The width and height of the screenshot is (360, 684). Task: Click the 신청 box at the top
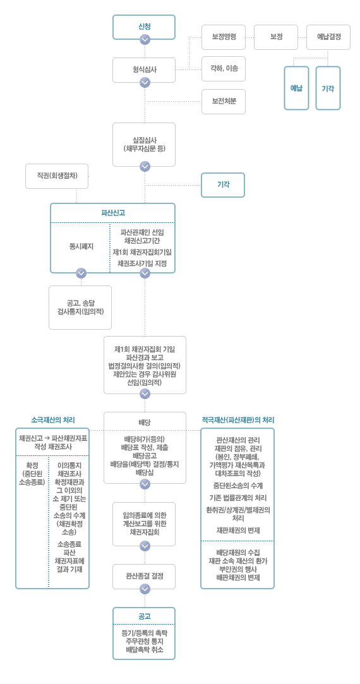[x=144, y=27]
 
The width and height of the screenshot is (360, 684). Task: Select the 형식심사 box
[x=144, y=70]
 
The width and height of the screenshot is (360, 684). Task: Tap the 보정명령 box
[x=224, y=37]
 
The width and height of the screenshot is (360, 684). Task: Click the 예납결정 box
[x=328, y=37]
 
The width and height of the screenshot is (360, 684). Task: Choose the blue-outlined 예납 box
[x=296, y=88]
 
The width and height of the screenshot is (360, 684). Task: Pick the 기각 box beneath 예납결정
[x=328, y=88]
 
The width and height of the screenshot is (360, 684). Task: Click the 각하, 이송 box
[x=224, y=68]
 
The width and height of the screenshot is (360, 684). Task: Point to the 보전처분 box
[x=224, y=102]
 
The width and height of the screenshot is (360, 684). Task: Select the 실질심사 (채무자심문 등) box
[x=144, y=145]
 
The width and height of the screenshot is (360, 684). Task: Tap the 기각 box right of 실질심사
[x=223, y=184]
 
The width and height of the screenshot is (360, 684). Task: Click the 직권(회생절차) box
[x=57, y=176]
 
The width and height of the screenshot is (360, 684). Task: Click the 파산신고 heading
[x=113, y=213]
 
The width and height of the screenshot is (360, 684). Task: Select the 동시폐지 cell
[x=80, y=246]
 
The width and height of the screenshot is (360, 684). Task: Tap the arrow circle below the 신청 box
[x=145, y=40]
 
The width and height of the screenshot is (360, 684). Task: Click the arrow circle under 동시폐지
[x=81, y=273]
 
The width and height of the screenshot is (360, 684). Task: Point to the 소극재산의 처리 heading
[x=53, y=420]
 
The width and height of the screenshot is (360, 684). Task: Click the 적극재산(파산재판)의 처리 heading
[x=238, y=420]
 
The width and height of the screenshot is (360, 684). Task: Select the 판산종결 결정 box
[x=144, y=576]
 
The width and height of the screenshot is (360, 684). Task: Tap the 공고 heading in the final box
[x=144, y=616]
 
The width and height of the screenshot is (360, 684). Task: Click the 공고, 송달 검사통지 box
[x=80, y=307]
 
